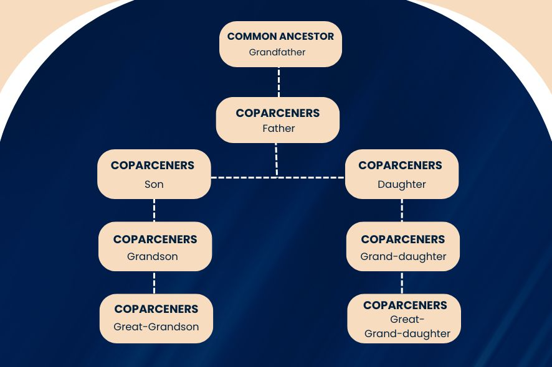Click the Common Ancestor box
tap(280, 44)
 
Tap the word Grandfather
tap(277, 53)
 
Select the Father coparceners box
tap(278, 120)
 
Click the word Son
tap(153, 185)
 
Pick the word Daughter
tap(402, 185)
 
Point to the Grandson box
tap(155, 246)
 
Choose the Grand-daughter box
tap(403, 246)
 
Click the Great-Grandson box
tap(156, 318)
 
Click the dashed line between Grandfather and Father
tap(278, 81)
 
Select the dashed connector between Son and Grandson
tap(154, 210)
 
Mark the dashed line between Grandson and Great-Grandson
tap(154, 282)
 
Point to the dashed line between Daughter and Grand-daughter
tap(402, 210)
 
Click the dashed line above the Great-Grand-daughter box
tap(402, 282)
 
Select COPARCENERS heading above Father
tap(278, 113)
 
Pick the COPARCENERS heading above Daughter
tap(401, 165)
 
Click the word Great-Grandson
tap(156, 327)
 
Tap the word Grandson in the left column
tap(153, 256)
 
